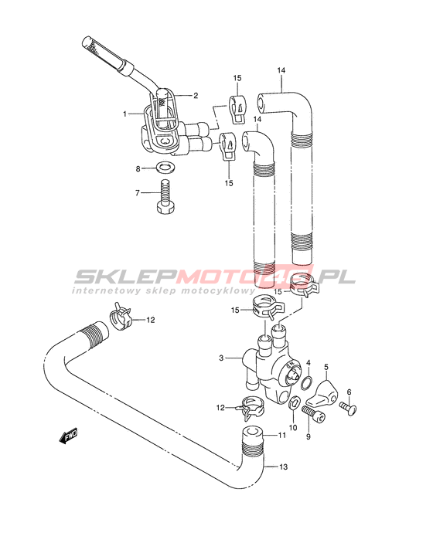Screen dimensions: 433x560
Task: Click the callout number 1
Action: click(124, 114)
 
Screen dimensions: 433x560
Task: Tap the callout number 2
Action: click(196, 95)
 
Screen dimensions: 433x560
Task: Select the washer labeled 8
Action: click(164, 167)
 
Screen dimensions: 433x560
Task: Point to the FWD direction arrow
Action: click(68, 436)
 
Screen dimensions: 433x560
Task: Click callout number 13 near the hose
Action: click(283, 467)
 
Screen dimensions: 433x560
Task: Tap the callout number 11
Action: click(282, 436)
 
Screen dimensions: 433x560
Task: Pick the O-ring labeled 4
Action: click(306, 383)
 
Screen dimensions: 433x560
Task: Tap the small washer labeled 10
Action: click(294, 403)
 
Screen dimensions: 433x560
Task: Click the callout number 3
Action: click(221, 358)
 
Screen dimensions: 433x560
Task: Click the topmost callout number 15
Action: click(237, 78)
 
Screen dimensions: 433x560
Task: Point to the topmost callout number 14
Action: click(281, 70)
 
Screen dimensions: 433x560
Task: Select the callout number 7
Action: click(138, 193)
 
